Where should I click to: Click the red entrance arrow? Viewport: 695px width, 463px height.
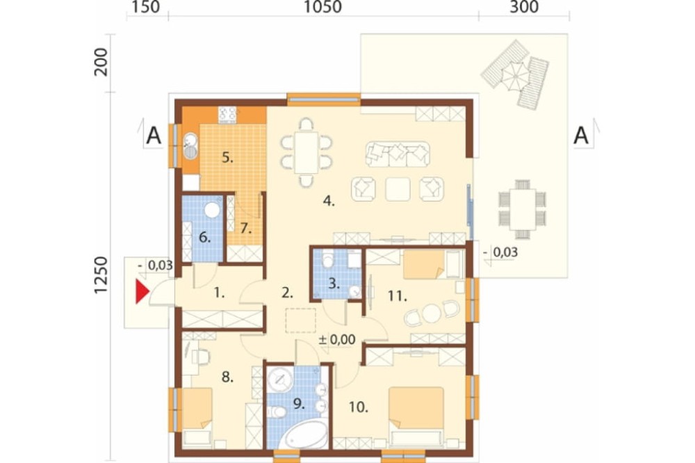pos(141,292)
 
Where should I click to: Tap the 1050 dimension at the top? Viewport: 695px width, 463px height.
pos(323,7)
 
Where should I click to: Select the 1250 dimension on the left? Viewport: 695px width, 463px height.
pos(101,275)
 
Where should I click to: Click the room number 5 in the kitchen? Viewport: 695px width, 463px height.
pos(227,157)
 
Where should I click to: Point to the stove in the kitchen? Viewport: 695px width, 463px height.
pos(227,114)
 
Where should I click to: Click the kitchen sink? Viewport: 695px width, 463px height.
pos(190,146)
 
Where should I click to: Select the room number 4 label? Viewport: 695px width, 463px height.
pos(329,202)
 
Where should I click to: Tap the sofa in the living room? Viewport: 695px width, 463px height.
pos(398,154)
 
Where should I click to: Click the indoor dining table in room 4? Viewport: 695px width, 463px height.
pos(306,152)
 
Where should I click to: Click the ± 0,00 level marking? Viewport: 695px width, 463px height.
pos(337,340)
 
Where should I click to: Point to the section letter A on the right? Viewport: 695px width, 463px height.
pos(581,136)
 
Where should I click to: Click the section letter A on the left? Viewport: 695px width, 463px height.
pos(154,136)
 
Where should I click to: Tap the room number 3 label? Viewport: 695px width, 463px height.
pos(334,284)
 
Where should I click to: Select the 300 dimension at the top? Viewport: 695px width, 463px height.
pos(524,7)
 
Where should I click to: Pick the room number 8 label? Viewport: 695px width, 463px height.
pos(227,377)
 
